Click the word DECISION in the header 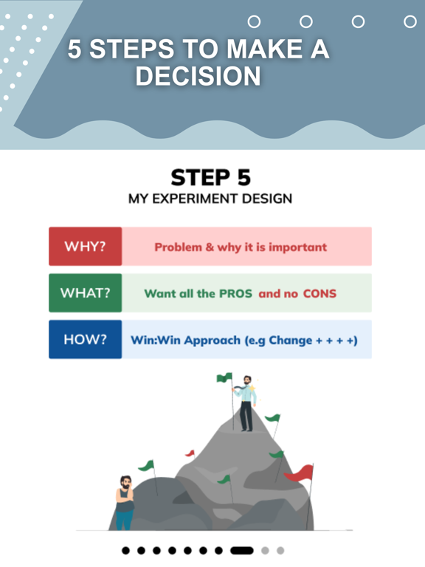pos(198,75)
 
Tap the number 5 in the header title pos(76,49)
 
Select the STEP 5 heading pos(211,178)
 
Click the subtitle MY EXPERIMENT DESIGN pos(210,199)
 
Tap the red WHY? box pos(85,247)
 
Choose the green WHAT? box pos(85,293)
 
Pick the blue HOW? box pos(85,340)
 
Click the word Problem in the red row pos(179,247)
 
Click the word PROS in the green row pos(235,293)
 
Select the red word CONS pos(319,293)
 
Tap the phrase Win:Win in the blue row pos(155,340)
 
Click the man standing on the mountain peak pos(246,404)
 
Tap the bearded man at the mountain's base pos(125,502)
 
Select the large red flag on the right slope pos(299,472)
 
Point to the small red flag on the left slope pos(190,453)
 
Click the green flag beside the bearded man pos(147,467)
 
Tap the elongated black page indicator pos(242,550)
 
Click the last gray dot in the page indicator pos(280,550)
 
